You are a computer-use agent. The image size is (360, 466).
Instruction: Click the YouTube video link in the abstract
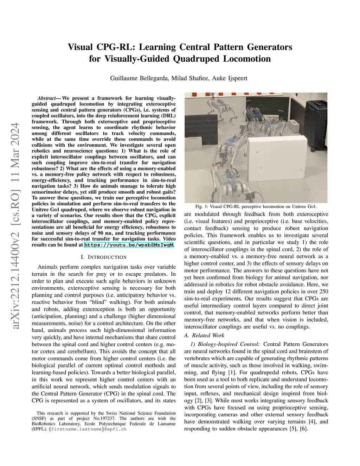[129, 244]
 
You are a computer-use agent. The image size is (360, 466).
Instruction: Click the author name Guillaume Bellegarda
[139, 78]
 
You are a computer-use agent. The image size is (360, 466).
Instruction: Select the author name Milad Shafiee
[190, 78]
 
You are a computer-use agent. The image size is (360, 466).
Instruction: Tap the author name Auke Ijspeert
[230, 78]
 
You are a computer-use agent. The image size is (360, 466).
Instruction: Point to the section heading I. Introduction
[104, 257]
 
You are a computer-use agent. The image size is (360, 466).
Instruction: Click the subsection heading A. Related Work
[204, 336]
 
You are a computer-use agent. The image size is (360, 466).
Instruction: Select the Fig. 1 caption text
[256, 206]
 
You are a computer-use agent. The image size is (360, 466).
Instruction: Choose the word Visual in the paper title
[81, 47]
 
